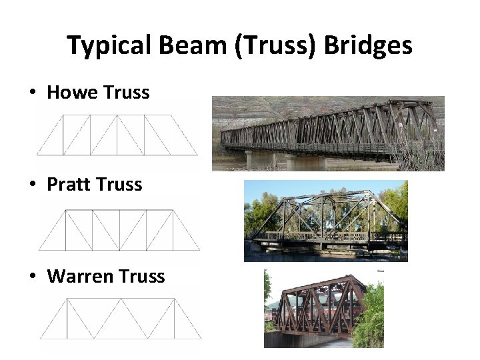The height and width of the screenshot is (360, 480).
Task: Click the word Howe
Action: pyautogui.click(x=71, y=92)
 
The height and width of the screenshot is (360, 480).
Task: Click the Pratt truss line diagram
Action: pyautogui.click(x=119, y=229)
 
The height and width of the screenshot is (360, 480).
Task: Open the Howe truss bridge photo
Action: pyautogui.click(x=328, y=133)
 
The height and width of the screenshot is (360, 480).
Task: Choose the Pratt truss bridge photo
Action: pyautogui.click(x=325, y=221)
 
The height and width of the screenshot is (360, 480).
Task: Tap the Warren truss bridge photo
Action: pyautogui.click(x=324, y=308)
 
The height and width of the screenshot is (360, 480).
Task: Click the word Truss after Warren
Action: pyautogui.click(x=141, y=276)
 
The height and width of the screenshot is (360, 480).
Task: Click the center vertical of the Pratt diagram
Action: pyautogui.click(x=119, y=229)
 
